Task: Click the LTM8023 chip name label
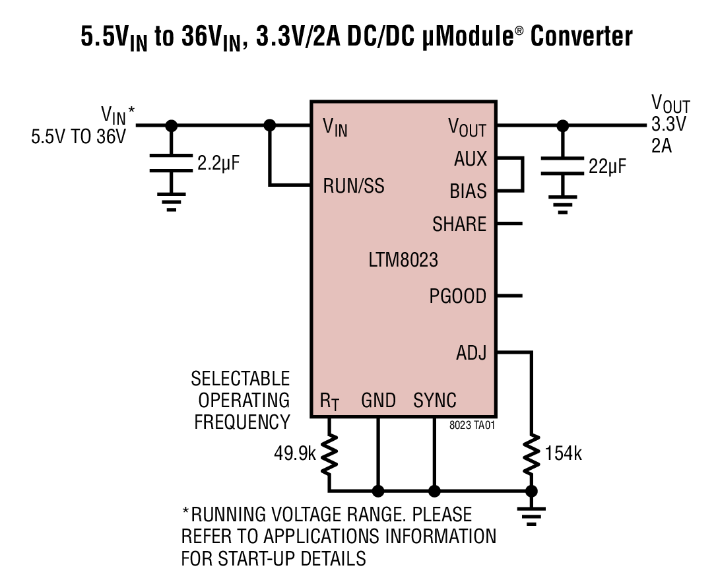tap(403, 260)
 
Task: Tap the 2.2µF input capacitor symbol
tap(171, 164)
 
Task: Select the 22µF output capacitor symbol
tap(562, 166)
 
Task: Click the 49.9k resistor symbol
tap(329, 454)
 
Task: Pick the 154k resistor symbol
tap(531, 454)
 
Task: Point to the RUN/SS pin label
tap(353, 187)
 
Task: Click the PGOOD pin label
tap(457, 296)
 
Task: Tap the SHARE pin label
tap(459, 224)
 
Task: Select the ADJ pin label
tap(471, 353)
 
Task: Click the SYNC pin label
tap(434, 401)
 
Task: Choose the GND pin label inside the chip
tap(378, 401)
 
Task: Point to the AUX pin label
tap(471, 159)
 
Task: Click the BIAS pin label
tap(468, 191)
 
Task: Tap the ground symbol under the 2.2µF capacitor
tap(171, 203)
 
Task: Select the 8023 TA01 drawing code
tap(472, 426)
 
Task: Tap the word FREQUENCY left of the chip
tap(242, 422)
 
